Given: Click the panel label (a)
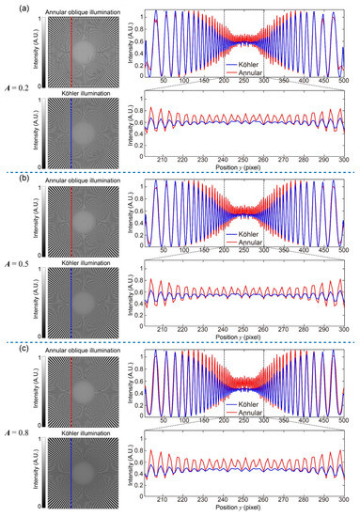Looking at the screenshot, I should point(9,8).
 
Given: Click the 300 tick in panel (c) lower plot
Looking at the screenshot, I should point(343,506).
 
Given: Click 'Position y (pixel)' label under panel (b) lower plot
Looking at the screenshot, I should point(246,341).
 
